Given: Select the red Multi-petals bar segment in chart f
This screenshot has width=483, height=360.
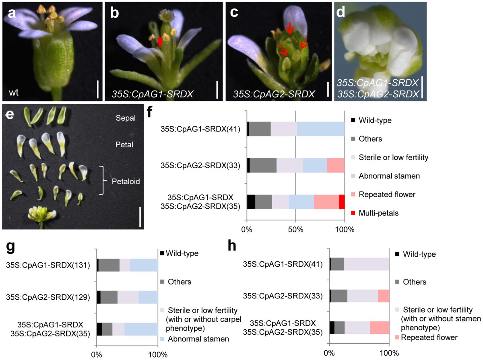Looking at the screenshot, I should [342, 202].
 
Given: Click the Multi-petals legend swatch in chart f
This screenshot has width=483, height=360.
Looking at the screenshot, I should [353, 213].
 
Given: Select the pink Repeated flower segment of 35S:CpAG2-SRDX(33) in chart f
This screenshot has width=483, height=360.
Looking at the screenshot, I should [336, 165].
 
